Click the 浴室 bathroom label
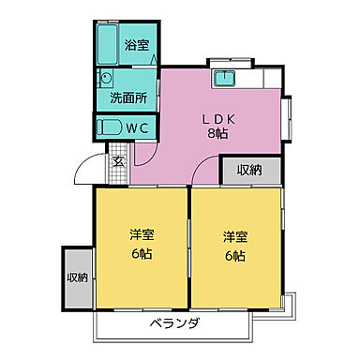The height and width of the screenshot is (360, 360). [x=137, y=44]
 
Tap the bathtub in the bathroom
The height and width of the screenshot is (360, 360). [x=106, y=44]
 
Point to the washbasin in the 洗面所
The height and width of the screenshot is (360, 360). [x=106, y=81]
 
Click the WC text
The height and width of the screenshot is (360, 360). [x=139, y=127]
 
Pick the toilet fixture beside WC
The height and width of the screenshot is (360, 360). [x=109, y=127]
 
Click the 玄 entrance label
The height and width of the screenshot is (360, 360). [x=119, y=160]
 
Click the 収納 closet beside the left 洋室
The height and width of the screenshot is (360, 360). [x=78, y=277]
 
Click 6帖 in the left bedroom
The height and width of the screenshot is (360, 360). [x=141, y=255]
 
